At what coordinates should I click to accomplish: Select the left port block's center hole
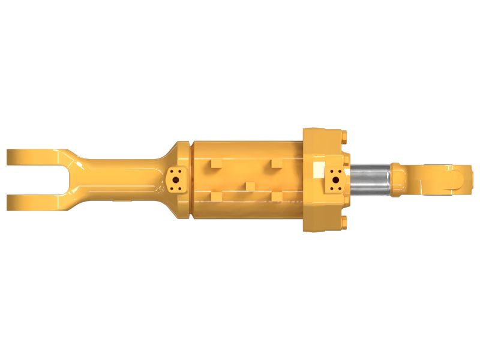tap(176, 178)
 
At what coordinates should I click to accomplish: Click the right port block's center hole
tap(335, 178)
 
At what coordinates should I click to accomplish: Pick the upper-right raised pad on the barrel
tap(277, 163)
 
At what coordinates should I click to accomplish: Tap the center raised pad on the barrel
tap(248, 185)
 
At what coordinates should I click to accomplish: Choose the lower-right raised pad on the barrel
tap(277, 196)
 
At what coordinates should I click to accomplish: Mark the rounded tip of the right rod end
tap(462, 178)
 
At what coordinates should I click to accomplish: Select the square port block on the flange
tap(335, 178)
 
